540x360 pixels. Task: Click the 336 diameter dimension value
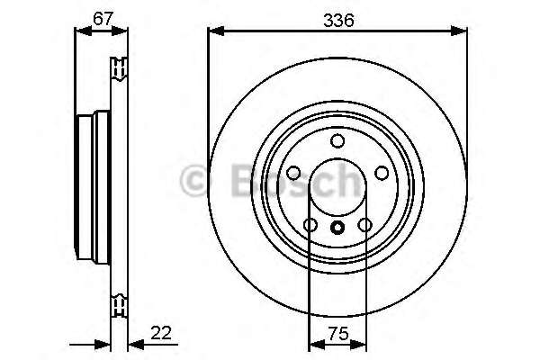click(x=337, y=17)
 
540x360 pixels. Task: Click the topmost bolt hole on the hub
click(x=337, y=140)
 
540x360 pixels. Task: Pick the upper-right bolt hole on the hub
click(x=381, y=173)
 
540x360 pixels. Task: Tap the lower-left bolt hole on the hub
click(x=310, y=225)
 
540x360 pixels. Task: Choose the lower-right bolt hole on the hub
click(x=364, y=225)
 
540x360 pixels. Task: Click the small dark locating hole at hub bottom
click(x=337, y=228)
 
